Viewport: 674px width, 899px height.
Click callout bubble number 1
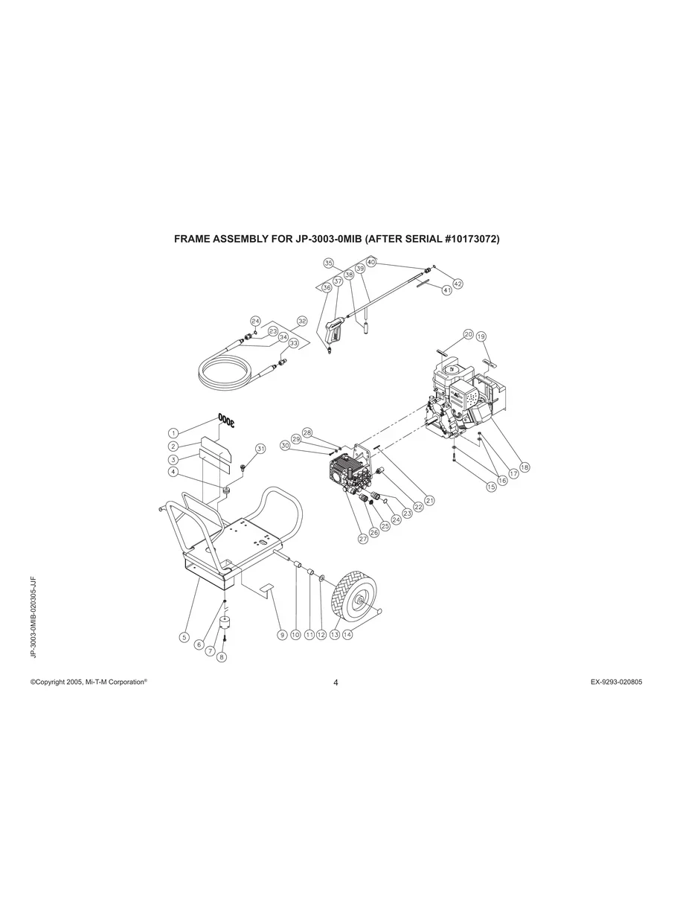[173, 432]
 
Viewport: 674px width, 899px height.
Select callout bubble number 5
[184, 637]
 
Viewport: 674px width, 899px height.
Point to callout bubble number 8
[222, 657]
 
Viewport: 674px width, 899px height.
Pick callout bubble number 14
[347, 635]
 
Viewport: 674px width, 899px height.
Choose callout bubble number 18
[524, 467]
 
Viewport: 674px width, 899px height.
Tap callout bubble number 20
[468, 334]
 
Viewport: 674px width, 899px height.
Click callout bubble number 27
[364, 539]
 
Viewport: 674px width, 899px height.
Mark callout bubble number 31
[260, 449]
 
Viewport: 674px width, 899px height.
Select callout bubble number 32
[301, 321]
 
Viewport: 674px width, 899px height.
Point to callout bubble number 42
[458, 284]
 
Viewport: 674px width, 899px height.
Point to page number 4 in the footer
[336, 683]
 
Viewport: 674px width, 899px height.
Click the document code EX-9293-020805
[612, 682]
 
